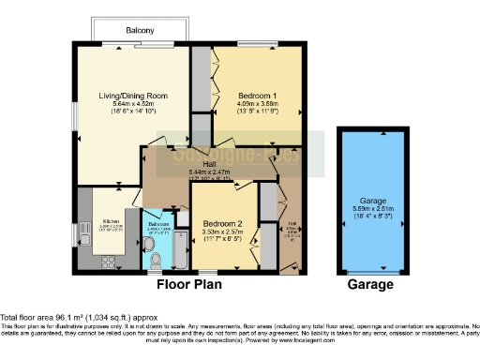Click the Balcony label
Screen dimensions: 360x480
pos(140,31)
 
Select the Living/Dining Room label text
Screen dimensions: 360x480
pos(132,95)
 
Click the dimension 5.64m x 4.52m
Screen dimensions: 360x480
pos(132,103)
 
